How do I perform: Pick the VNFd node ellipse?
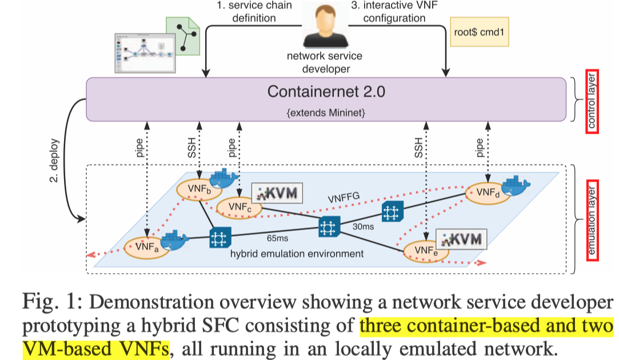click(485, 193)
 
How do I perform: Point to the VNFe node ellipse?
click(424, 252)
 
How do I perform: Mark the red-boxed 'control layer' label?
click(592, 101)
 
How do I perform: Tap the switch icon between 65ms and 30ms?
click(329, 227)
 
